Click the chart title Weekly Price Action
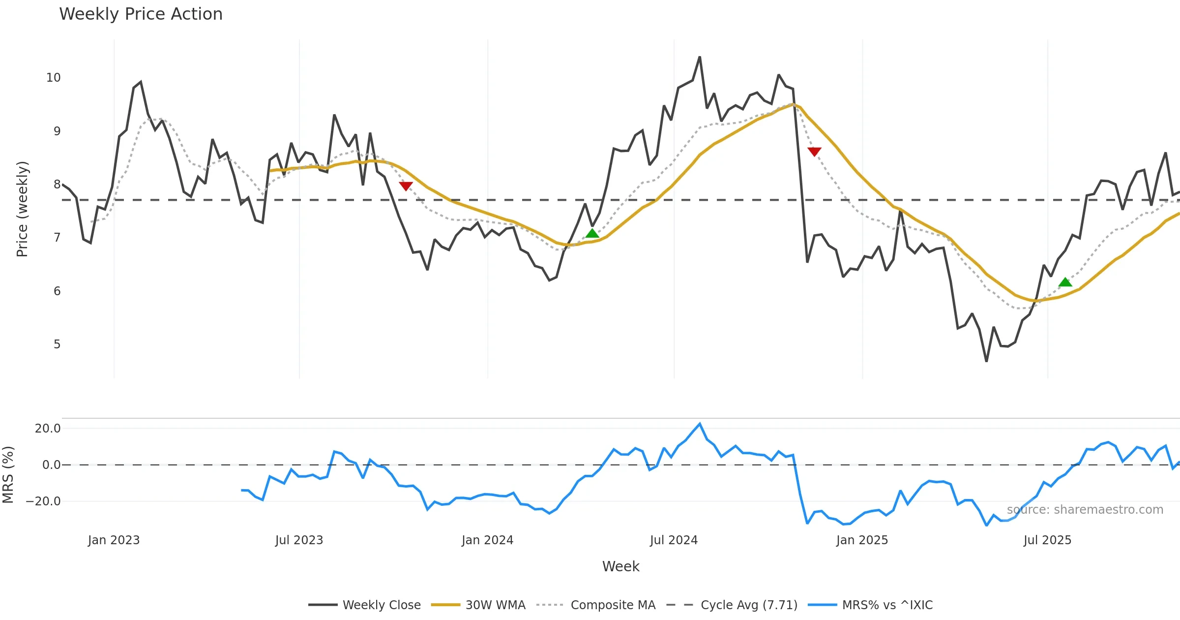click(x=141, y=14)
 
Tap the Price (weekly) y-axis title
click(x=22, y=209)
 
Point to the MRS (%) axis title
click(x=8, y=474)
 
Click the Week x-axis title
click(x=620, y=566)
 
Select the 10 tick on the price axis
click(x=53, y=78)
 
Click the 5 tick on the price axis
click(x=57, y=344)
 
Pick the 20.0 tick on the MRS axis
click(x=47, y=429)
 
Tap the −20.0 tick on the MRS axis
click(x=43, y=501)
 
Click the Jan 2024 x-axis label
click(x=487, y=540)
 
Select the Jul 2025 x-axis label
click(x=1047, y=540)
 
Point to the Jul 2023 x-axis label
click(x=299, y=540)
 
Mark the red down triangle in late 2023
click(x=406, y=186)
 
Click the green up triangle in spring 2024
click(x=592, y=233)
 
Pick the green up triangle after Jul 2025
click(x=1065, y=282)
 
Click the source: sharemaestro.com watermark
click(x=1085, y=510)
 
